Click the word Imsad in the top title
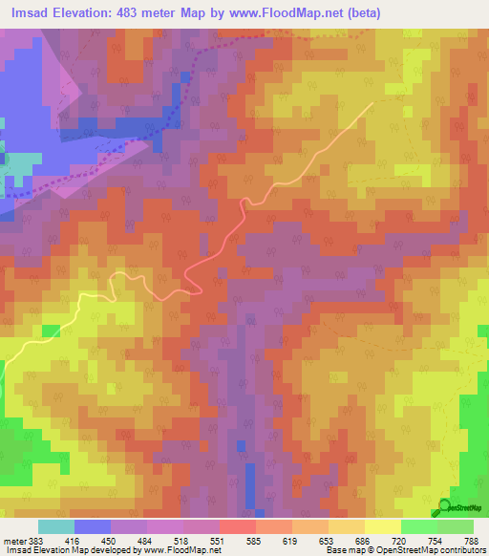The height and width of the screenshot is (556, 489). [x=27, y=12]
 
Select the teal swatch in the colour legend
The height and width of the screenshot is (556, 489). [x=56, y=526]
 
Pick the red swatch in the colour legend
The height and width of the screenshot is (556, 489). [x=237, y=526]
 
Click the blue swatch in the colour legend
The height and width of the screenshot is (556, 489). [x=93, y=526]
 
